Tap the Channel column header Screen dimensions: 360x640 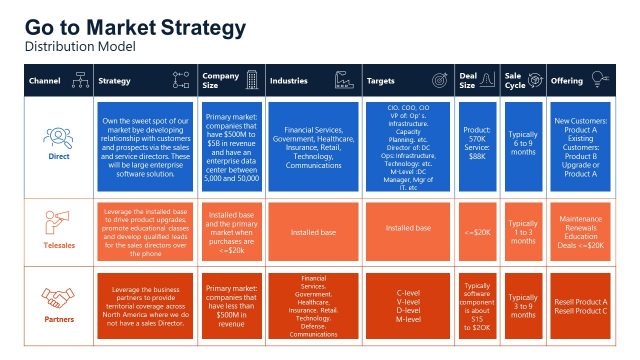click(45, 80)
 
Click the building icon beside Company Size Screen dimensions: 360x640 click(252, 80)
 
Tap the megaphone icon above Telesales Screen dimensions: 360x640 click(59, 220)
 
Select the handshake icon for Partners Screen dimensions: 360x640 click(59, 298)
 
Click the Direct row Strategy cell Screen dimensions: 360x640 click(146, 144)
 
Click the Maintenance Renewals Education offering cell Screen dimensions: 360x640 click(581, 232)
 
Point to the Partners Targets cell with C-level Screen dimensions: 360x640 click(408, 304)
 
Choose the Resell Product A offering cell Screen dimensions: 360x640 click(581, 304)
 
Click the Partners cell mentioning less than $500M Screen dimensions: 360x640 click(232, 304)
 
